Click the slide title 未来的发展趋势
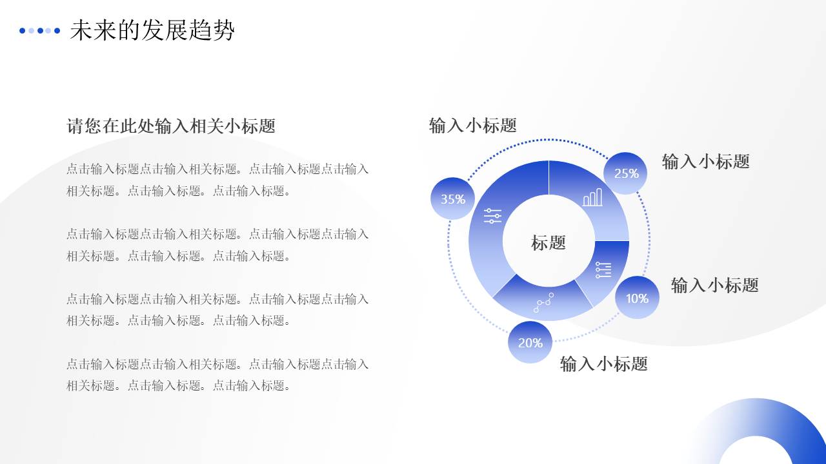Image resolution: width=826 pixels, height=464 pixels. click(x=152, y=30)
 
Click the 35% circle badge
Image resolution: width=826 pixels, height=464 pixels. click(x=453, y=198)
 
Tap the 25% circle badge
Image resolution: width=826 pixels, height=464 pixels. click(x=626, y=173)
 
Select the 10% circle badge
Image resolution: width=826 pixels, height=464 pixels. click(x=637, y=298)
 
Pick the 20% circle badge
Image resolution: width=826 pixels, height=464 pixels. click(x=530, y=342)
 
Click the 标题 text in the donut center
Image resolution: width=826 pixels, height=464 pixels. click(x=549, y=242)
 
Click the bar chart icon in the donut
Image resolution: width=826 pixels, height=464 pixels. click(x=592, y=197)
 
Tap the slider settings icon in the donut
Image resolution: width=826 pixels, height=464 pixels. click(x=492, y=216)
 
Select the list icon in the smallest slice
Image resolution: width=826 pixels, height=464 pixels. click(x=603, y=270)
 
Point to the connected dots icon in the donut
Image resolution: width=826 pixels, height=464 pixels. click(x=543, y=303)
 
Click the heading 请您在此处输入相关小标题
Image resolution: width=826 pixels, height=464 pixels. click(x=171, y=126)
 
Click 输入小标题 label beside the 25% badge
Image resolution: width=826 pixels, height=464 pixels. click(x=705, y=161)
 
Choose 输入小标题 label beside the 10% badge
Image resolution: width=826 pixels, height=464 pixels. click(x=714, y=285)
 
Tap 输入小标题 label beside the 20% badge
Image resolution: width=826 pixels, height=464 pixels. click(x=603, y=363)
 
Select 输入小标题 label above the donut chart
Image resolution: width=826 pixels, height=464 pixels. click(x=472, y=125)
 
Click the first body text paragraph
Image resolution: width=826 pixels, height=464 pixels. click(x=217, y=180)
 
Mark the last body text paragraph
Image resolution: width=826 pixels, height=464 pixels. click(x=217, y=374)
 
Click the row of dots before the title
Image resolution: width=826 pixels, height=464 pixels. click(x=39, y=30)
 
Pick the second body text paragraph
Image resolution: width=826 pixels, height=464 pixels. click(x=217, y=245)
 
